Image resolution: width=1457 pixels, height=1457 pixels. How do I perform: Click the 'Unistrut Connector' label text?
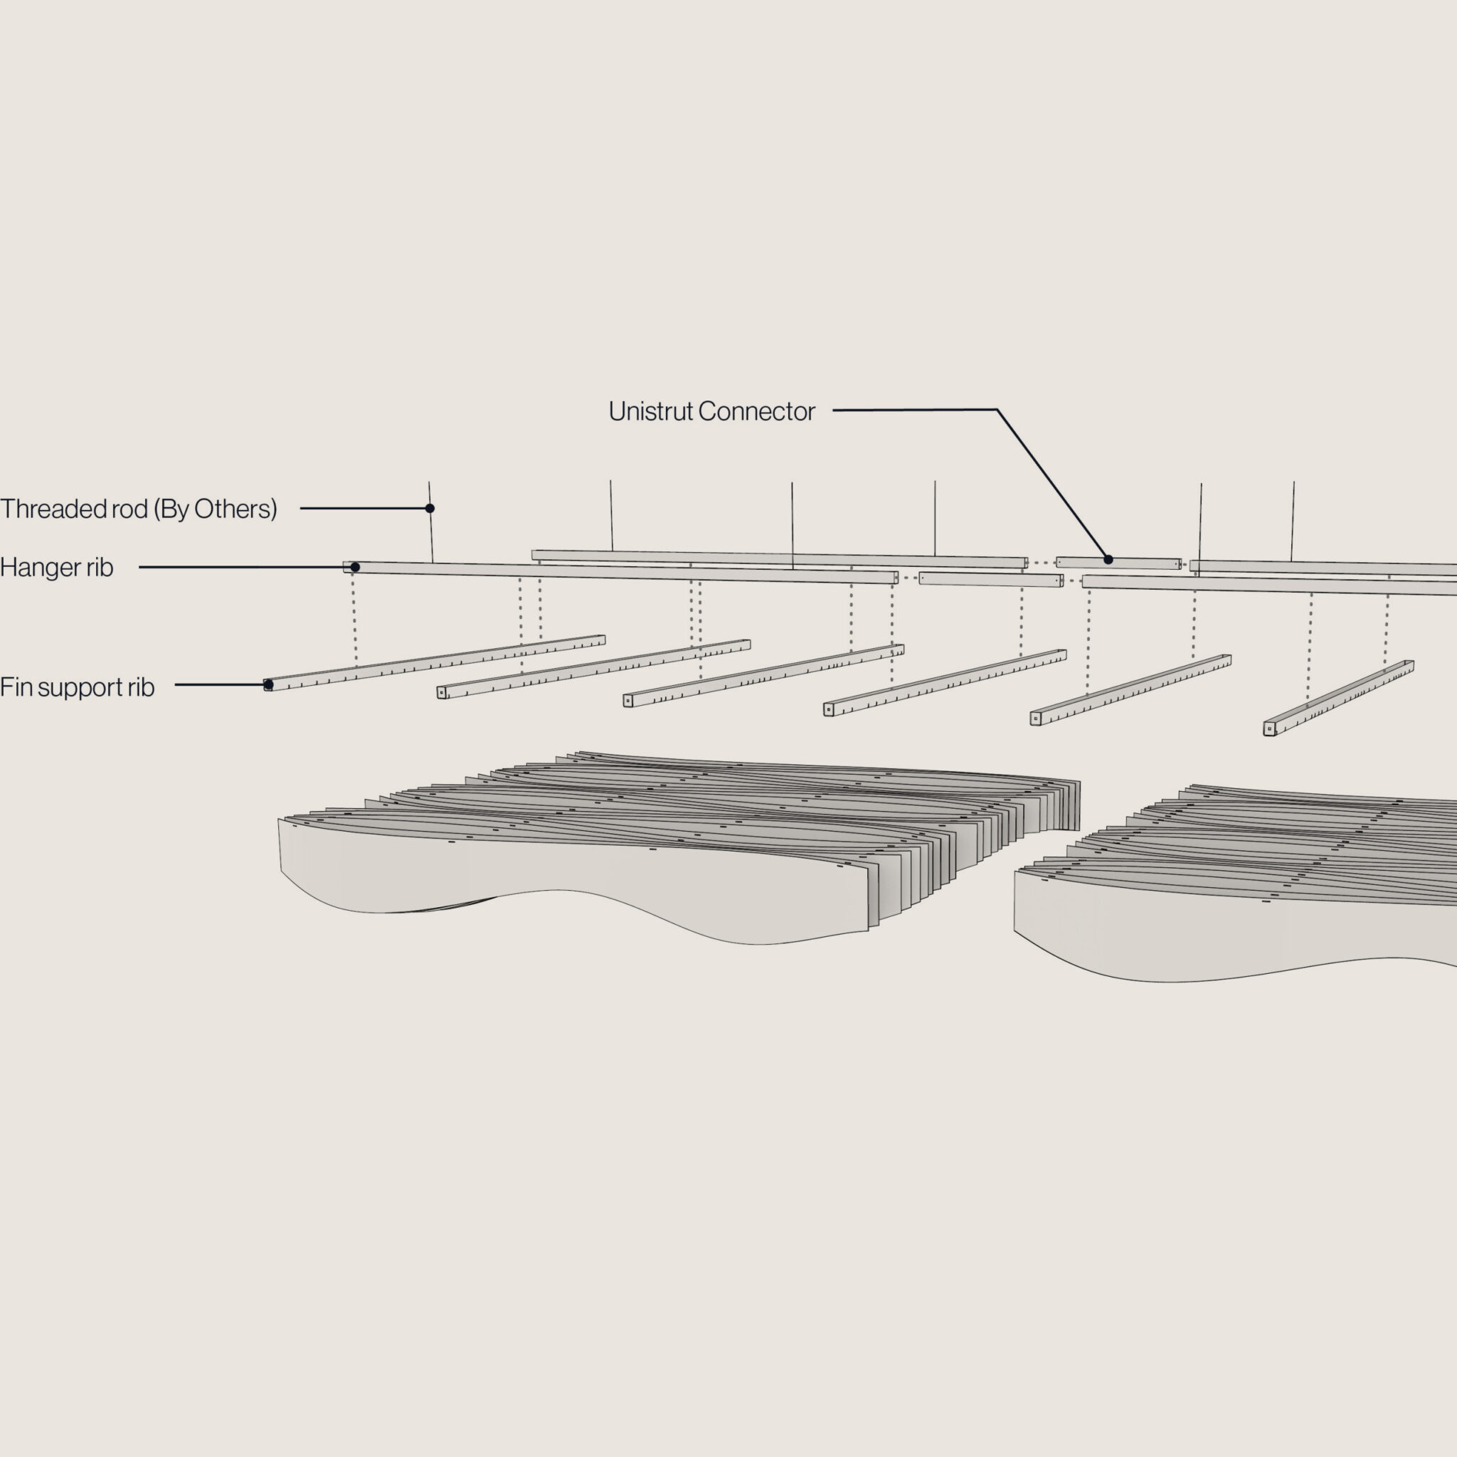tap(711, 411)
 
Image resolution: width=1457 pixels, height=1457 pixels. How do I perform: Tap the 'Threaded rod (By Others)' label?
tap(139, 509)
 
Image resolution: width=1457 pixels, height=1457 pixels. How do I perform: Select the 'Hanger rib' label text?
tap(57, 567)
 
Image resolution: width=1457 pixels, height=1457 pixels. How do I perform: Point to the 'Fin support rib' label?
tap(77, 687)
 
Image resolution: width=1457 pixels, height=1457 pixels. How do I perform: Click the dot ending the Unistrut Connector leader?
tap(1108, 560)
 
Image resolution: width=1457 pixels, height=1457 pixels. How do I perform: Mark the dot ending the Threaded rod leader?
tap(430, 508)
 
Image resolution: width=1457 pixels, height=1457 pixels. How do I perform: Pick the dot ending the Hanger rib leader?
tap(355, 567)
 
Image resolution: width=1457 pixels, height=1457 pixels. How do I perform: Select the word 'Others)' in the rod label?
tap(235, 509)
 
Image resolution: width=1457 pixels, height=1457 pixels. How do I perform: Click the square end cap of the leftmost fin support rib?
tap(267, 686)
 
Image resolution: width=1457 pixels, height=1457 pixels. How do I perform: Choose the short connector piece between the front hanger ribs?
tap(990, 579)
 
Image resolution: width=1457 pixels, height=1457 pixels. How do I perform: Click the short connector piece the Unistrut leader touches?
tap(1118, 563)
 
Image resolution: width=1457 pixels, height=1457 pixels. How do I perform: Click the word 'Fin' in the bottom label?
tap(15, 687)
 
